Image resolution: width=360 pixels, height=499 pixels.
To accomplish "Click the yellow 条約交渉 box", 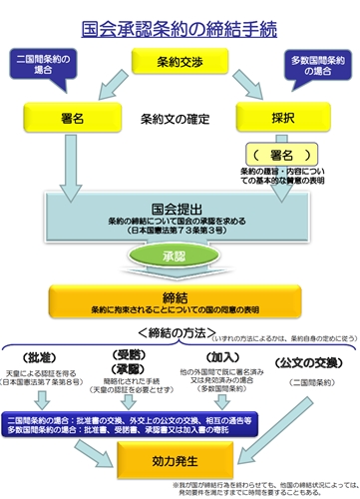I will (180, 63).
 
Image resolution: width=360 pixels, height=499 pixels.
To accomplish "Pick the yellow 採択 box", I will (282, 119).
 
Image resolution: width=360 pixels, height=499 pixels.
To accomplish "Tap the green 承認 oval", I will (180, 257).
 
